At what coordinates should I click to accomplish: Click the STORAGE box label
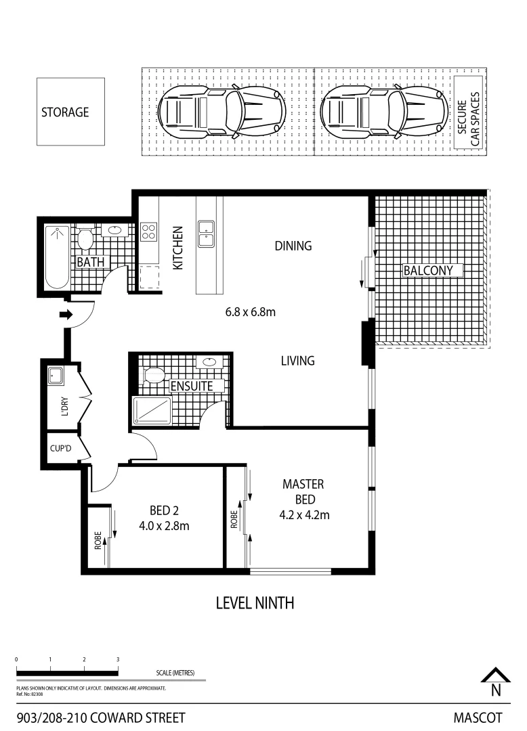click(65, 112)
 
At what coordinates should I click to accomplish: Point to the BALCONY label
click(433, 271)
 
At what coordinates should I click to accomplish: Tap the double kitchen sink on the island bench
click(207, 234)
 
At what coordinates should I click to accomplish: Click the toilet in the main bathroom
click(85, 238)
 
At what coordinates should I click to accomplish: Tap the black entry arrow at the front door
click(66, 314)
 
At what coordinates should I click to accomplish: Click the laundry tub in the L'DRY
click(55, 375)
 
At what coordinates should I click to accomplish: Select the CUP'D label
click(61, 447)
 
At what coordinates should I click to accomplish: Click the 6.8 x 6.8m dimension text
click(250, 313)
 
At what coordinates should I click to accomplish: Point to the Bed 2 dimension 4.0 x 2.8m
click(163, 525)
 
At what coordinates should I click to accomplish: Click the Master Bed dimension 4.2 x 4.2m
click(304, 514)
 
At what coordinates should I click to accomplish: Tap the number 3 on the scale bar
click(118, 659)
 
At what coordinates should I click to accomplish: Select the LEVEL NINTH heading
click(255, 602)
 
